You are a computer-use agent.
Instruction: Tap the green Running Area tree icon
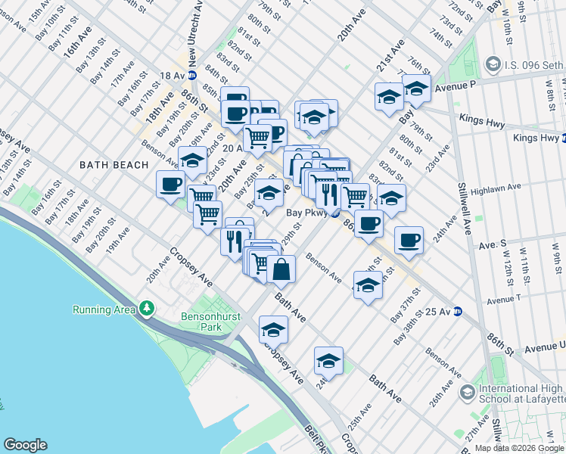[x=147, y=309]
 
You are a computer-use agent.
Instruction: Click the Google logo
[x=25, y=445]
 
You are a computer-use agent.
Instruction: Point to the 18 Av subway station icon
[x=192, y=76]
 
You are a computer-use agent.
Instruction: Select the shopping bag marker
[x=281, y=269]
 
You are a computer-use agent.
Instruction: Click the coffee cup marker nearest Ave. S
[x=409, y=241]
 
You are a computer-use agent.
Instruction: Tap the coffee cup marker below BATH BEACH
[x=171, y=184]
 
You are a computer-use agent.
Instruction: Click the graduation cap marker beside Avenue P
[x=416, y=89]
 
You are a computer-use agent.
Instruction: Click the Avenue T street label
[x=506, y=300]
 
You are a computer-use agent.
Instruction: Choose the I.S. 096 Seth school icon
[x=494, y=64]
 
